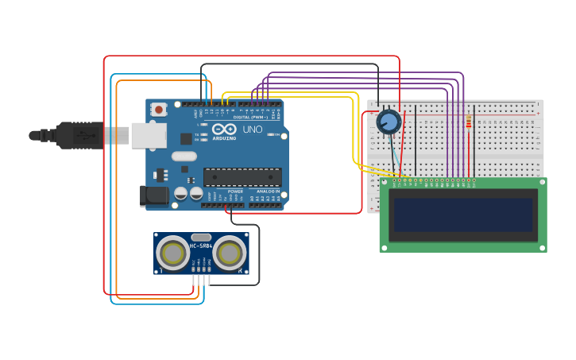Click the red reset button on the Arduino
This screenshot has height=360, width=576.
click(x=159, y=109)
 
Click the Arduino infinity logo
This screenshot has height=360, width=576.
click(x=224, y=130)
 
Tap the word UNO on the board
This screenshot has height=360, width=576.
click(x=252, y=130)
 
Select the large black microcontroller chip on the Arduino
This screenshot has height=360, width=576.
click(x=242, y=177)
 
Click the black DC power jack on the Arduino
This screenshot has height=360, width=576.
click(x=153, y=196)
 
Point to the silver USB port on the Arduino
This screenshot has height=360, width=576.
click(x=149, y=135)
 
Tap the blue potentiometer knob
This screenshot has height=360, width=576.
click(x=389, y=122)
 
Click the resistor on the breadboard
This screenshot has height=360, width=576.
click(x=469, y=122)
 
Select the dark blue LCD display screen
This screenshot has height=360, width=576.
click(x=462, y=215)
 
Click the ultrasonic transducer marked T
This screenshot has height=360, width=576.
click(x=172, y=254)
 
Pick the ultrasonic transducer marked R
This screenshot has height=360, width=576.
click(x=229, y=254)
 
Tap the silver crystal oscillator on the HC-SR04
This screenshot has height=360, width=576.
click(x=201, y=236)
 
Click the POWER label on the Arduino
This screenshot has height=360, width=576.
click(x=235, y=192)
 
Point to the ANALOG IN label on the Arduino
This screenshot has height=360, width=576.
click(x=267, y=192)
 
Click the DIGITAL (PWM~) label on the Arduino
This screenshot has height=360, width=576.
click(x=250, y=117)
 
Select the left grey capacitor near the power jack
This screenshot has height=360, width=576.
click(x=181, y=193)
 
